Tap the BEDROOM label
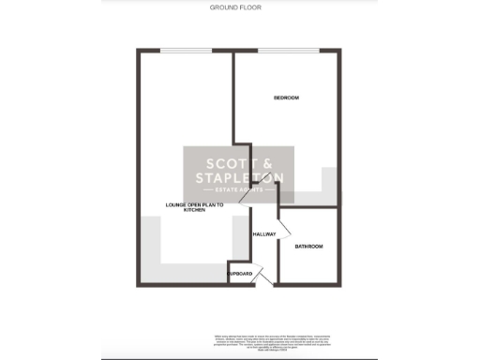click(286, 98)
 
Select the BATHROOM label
click(308, 246)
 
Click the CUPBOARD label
click(240, 273)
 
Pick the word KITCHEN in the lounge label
click(194, 210)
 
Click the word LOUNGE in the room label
click(175, 204)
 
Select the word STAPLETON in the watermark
click(239, 177)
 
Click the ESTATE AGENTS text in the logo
click(239, 190)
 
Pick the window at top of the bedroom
click(286, 51)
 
